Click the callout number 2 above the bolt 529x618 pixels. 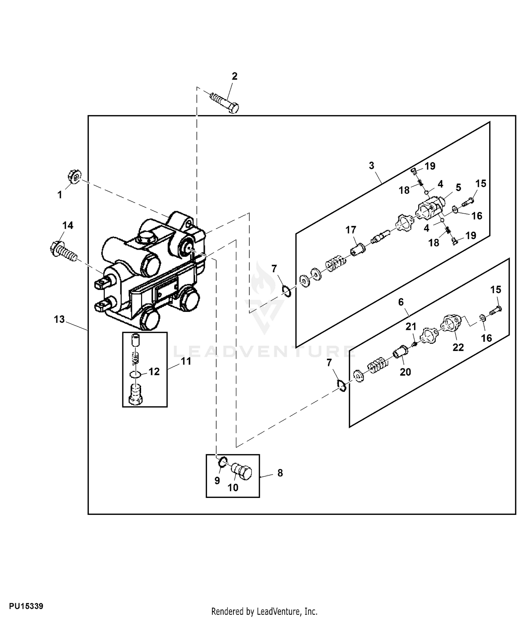click(235, 76)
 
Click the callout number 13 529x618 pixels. click(59, 319)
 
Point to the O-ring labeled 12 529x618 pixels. click(136, 374)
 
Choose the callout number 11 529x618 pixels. click(186, 361)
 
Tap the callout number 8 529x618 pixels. click(280, 473)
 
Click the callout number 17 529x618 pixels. click(351, 230)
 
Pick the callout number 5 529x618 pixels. click(458, 188)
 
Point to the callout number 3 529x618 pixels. click(371, 166)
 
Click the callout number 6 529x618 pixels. click(401, 302)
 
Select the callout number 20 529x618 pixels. click(405, 372)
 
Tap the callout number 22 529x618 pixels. click(458, 347)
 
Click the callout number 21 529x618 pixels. click(411, 327)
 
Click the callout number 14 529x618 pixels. click(68, 225)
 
